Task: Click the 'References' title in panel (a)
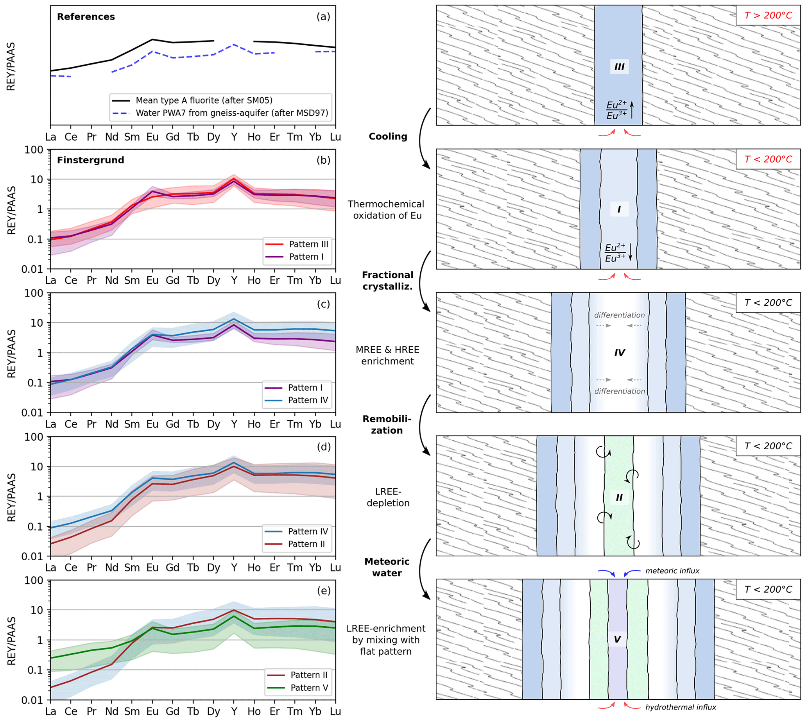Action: tap(86, 17)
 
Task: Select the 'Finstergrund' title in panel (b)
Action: tap(90, 160)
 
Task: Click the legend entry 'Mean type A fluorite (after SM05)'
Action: tap(204, 100)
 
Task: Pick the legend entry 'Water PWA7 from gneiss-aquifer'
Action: tap(232, 113)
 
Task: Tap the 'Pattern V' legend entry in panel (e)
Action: tap(309, 688)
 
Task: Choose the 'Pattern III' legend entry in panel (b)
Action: tap(308, 244)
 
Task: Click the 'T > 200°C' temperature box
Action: tap(767, 16)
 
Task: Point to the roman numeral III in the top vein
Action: tap(619, 67)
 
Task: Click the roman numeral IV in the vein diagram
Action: tap(620, 353)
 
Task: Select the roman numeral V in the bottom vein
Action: tap(617, 639)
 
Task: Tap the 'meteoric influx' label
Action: tap(672, 571)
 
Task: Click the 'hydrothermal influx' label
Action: tap(681, 707)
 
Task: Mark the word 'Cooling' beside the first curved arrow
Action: tap(388, 136)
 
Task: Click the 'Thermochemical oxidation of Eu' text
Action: tap(386, 210)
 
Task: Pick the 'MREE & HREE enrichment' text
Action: tap(387, 356)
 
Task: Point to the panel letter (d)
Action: tap(323, 447)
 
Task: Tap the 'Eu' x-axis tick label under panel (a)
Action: tap(152, 137)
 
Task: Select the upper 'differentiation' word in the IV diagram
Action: tap(619, 315)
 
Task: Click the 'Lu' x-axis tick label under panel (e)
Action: tap(335, 712)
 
